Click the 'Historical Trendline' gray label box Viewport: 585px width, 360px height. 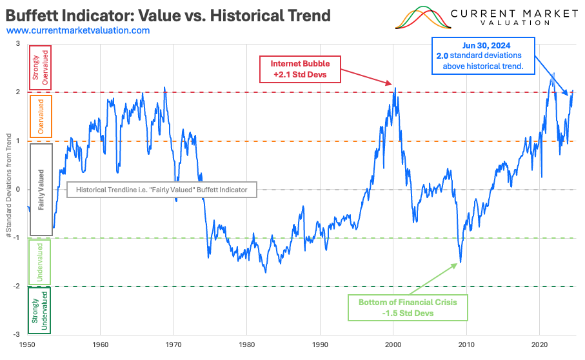tap(162, 190)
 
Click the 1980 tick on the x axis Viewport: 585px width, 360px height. tap(246, 345)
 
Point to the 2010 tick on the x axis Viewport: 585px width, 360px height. tap(466, 345)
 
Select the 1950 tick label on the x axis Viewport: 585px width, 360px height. tap(26, 345)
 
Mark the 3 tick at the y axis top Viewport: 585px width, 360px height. tap(18, 44)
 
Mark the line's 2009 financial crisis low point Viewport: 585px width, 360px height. tap(460, 262)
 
